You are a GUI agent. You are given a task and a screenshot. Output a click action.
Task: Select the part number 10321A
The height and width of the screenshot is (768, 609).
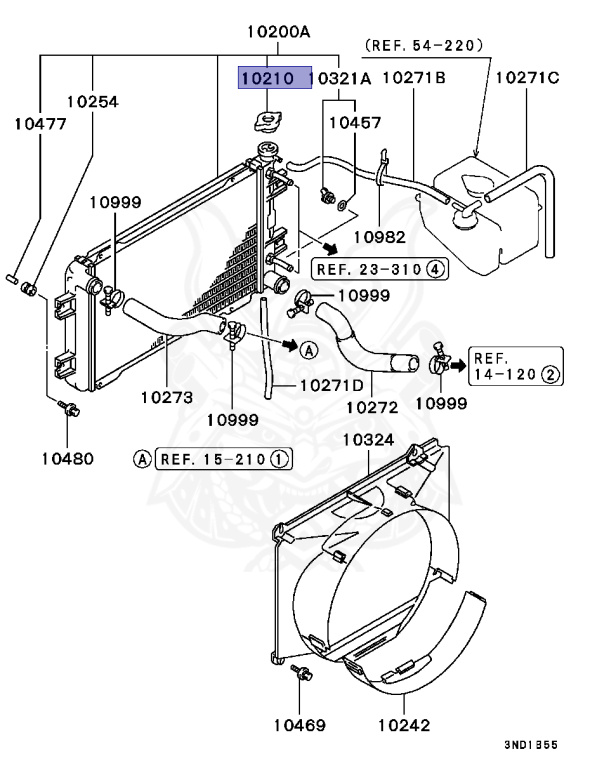(340, 78)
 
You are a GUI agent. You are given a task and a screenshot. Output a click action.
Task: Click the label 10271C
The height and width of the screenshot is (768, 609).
(527, 77)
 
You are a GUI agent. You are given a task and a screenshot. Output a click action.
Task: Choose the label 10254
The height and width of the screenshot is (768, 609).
(93, 101)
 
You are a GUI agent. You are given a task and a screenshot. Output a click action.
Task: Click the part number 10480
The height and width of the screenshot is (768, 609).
(67, 459)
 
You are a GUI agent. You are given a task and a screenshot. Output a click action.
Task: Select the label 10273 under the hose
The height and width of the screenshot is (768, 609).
(166, 396)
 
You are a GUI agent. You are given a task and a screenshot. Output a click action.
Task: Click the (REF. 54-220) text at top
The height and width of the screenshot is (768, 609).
(424, 45)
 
